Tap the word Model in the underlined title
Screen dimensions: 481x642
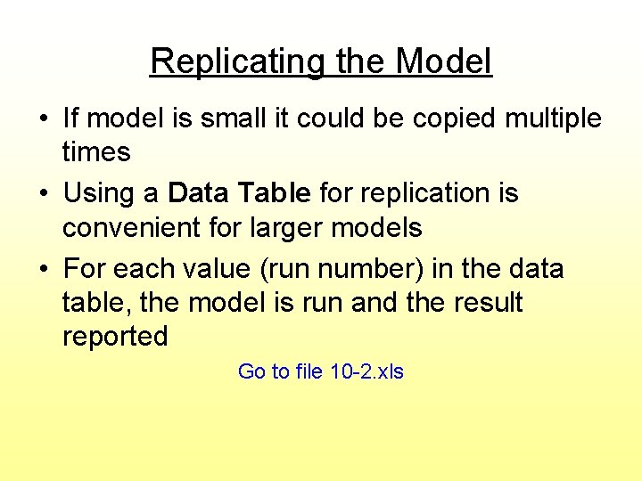point(443,61)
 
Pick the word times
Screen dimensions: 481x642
point(96,152)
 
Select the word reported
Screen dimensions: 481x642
point(115,337)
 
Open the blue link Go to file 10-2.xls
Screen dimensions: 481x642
point(321,371)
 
